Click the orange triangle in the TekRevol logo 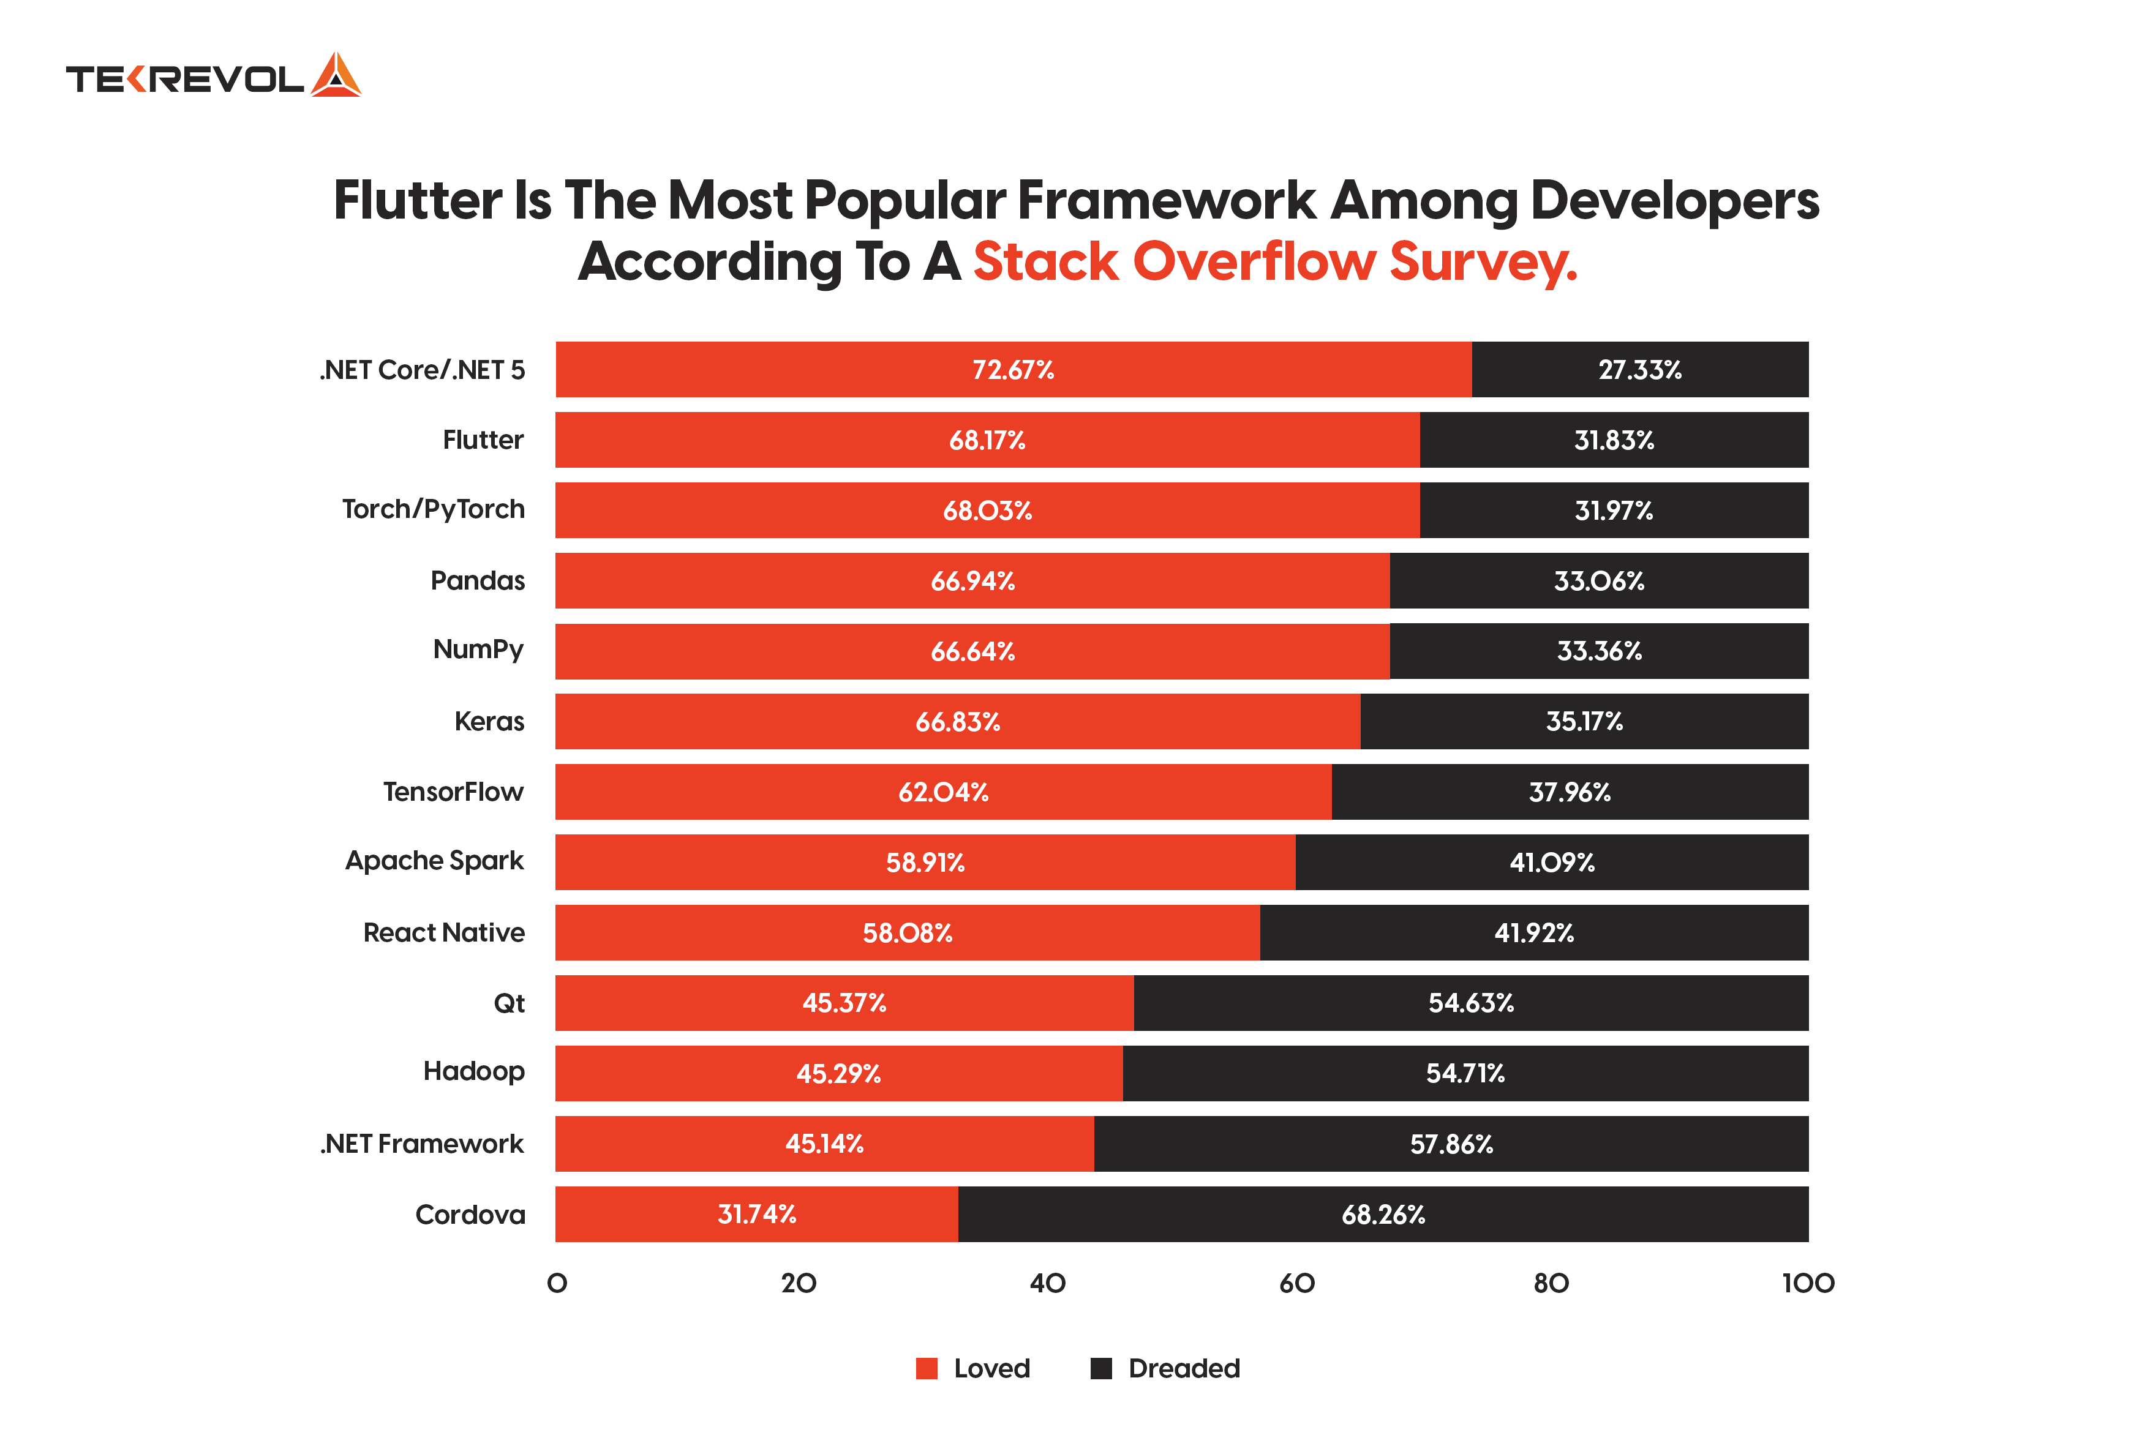(335, 76)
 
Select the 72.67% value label (1012, 370)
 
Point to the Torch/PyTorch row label (433, 509)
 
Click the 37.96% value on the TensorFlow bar (1568, 792)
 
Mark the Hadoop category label (473, 1071)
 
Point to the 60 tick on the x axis (1296, 1284)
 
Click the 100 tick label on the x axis (1807, 1284)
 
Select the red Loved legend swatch (925, 1368)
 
